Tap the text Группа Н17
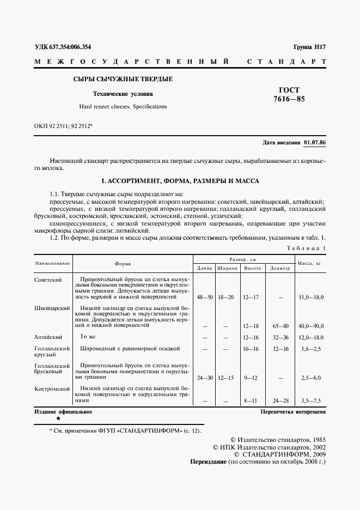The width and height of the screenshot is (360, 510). [x=309, y=47]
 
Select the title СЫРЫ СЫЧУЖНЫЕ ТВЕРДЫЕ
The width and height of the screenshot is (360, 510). [x=123, y=80]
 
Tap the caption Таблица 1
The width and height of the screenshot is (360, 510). [x=306, y=248]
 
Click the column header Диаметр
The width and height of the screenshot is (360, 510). [x=280, y=268]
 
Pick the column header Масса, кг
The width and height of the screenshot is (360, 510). [x=310, y=264]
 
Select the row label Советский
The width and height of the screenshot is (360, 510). [x=48, y=280]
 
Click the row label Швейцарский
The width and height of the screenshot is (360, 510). [x=52, y=308]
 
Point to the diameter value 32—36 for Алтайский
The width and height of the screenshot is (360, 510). [x=280, y=337]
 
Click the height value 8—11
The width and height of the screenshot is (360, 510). [x=251, y=400]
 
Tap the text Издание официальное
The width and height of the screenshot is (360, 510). [x=63, y=412]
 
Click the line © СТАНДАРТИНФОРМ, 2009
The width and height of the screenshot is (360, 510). [x=279, y=453]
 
